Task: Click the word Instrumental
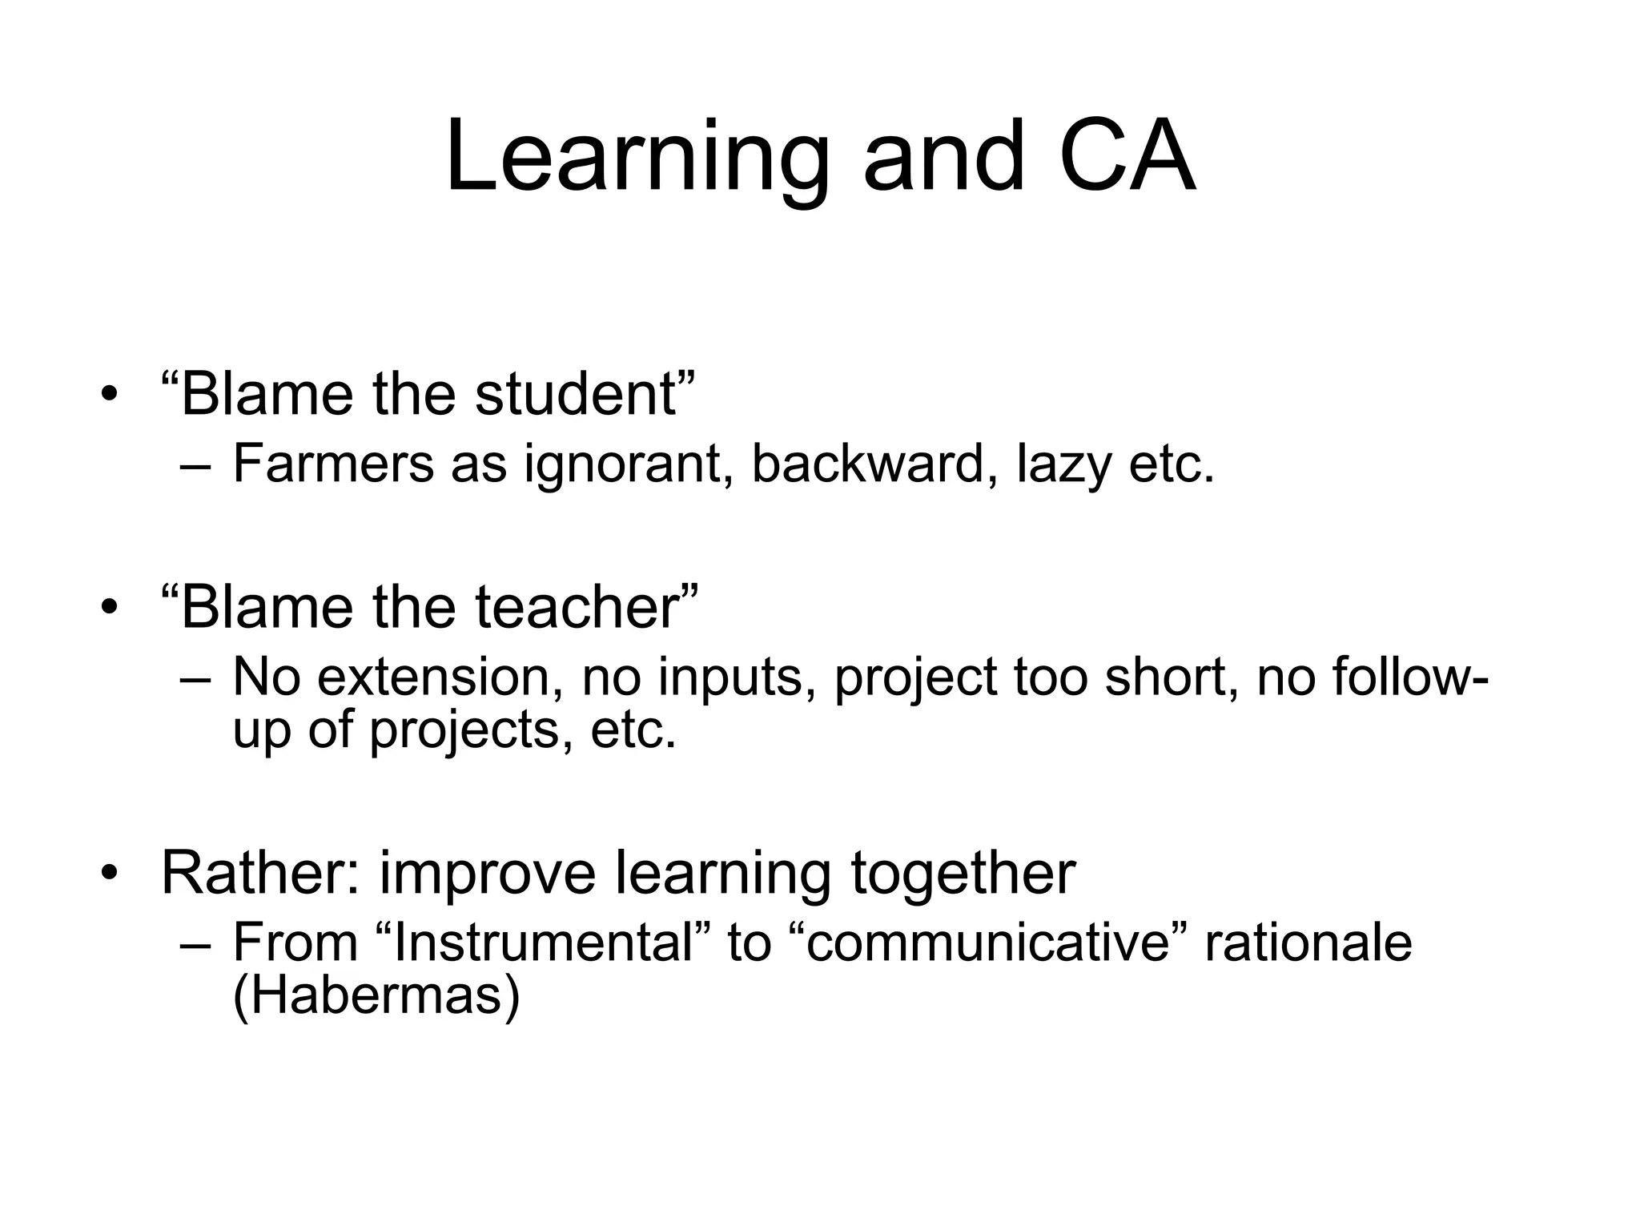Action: tap(543, 943)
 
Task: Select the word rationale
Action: tap(1308, 943)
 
